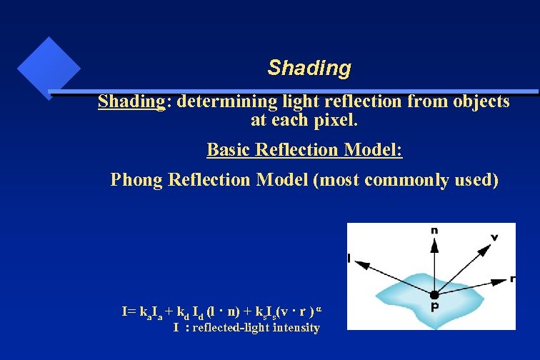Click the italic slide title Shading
tap(309, 68)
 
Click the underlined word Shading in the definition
tap(131, 101)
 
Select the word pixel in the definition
tap(335, 120)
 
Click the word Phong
tap(136, 179)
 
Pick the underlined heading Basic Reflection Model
tap(304, 150)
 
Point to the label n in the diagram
tap(434, 230)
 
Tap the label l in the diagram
tap(349, 257)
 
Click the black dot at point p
tap(434, 294)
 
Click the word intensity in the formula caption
tap(292, 328)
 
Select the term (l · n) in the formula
tap(219, 311)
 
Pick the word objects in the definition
tap(481, 101)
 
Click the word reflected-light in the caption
tap(226, 328)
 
